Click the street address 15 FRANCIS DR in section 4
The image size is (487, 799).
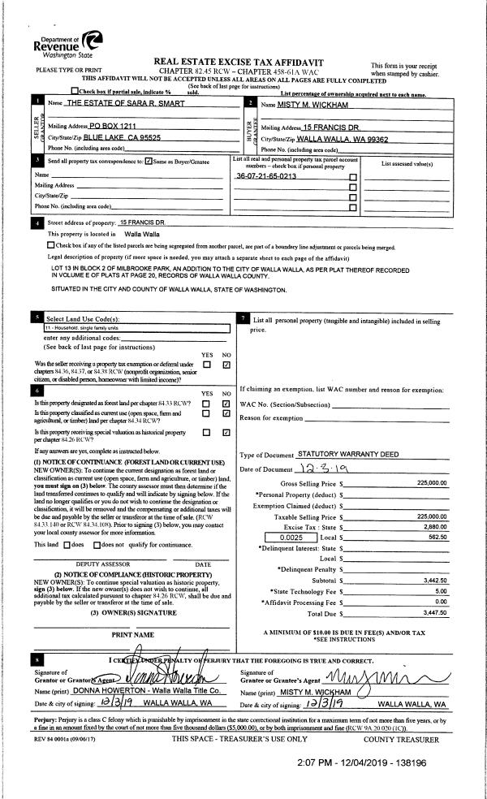tap(142, 222)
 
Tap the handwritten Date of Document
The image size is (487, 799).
tap(333, 469)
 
